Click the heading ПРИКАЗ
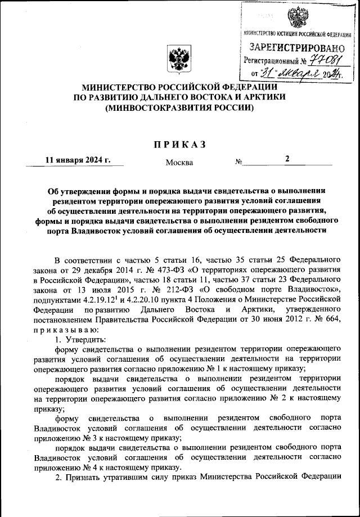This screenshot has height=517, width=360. [x=179, y=145]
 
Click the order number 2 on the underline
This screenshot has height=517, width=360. [x=287, y=159]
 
